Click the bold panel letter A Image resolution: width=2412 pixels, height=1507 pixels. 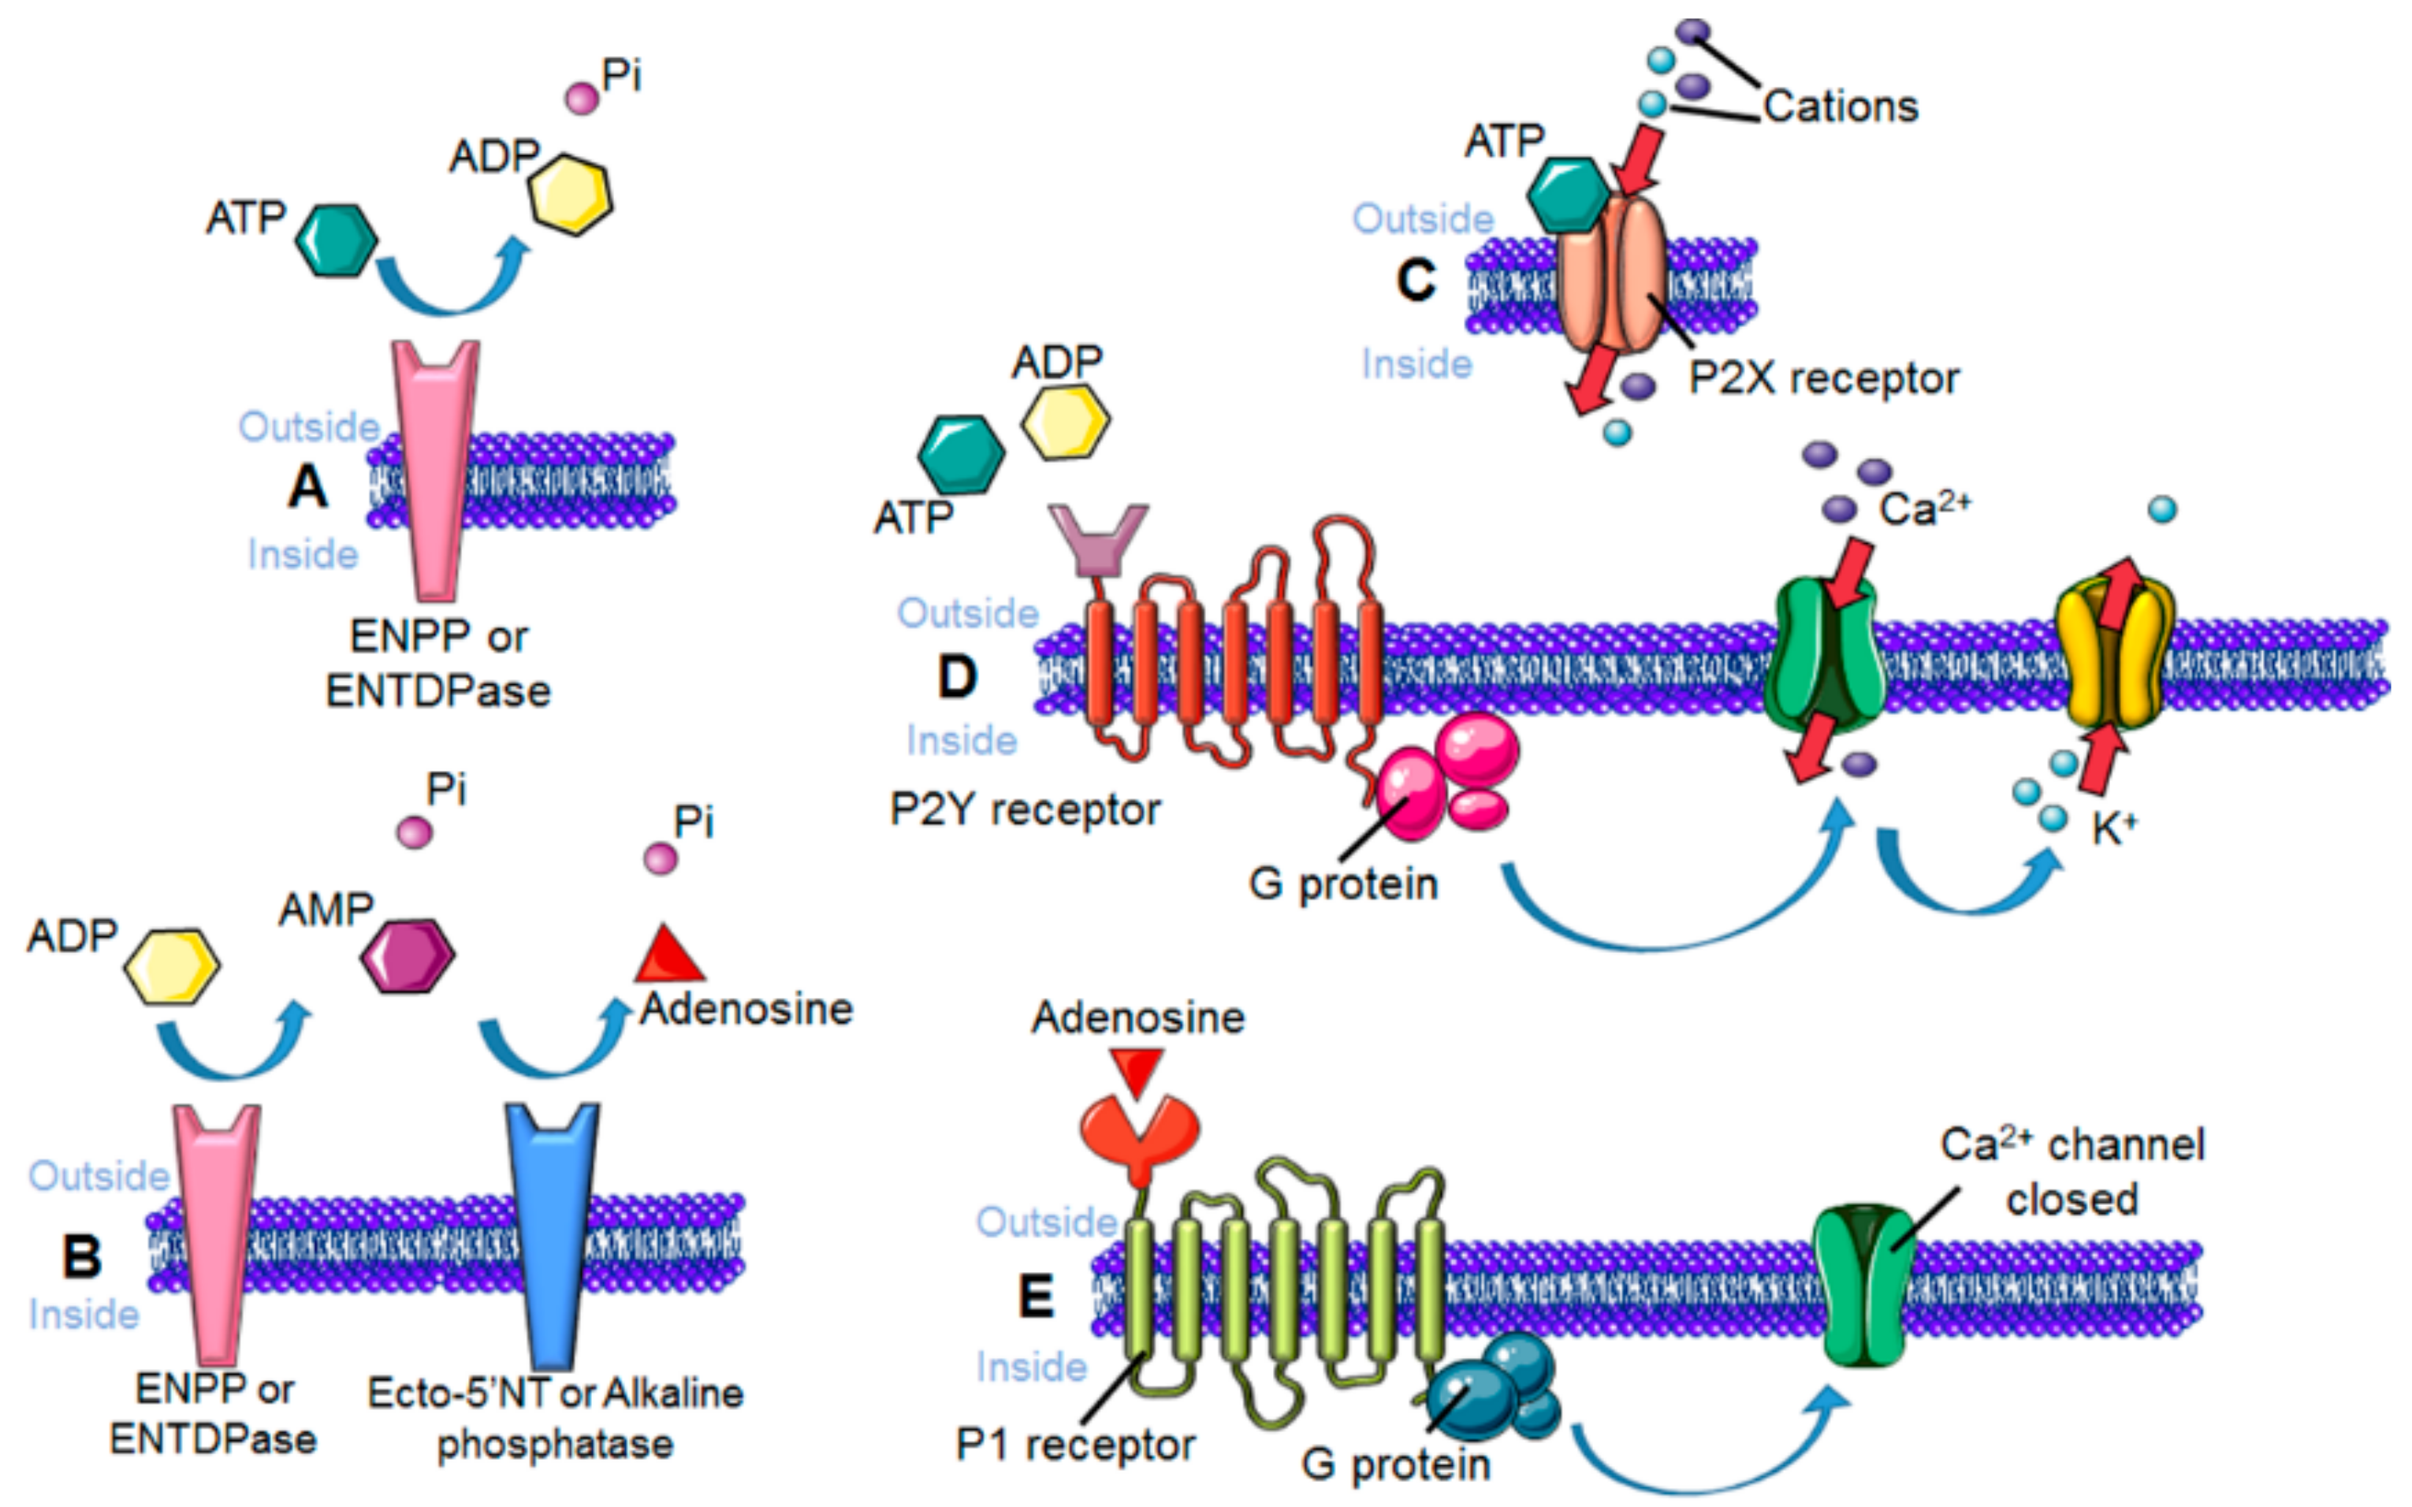point(307,487)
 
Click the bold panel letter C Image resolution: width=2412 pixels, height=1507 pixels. point(1416,280)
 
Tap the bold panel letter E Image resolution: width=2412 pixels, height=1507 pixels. point(1037,1297)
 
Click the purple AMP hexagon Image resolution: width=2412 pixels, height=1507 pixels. point(407,954)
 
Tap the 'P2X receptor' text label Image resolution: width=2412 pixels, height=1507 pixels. point(1823,379)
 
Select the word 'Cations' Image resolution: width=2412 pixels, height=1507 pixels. point(1840,106)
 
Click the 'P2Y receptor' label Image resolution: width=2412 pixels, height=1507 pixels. point(1025,810)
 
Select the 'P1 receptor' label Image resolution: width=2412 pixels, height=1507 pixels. point(1074,1444)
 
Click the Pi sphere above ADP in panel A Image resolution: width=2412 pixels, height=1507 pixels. point(582,98)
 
